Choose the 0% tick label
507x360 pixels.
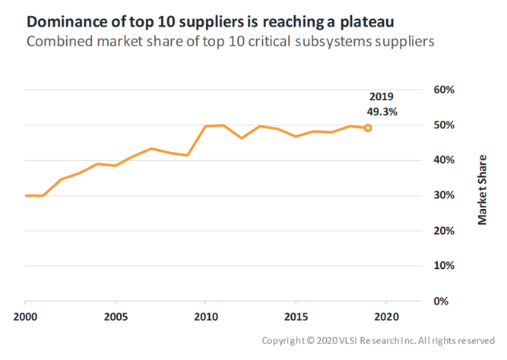click(446, 301)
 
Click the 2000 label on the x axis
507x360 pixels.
click(25, 316)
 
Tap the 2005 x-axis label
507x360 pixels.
click(116, 316)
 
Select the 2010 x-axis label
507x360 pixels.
click(206, 316)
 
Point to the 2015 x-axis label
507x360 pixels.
click(296, 316)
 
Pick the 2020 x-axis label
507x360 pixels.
click(387, 316)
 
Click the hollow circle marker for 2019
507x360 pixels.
click(368, 128)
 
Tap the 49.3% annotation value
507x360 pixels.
click(383, 111)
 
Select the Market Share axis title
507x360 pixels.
click(482, 195)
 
